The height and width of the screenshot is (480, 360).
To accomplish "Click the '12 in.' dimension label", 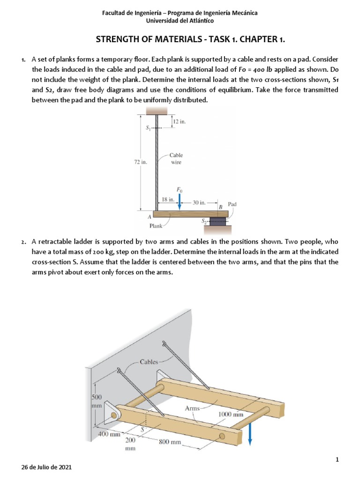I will (180, 121).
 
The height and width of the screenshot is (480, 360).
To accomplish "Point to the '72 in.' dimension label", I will (141, 162).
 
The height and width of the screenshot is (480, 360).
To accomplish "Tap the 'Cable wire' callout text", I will (176, 158).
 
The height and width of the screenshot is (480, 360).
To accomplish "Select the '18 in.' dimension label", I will (168, 199).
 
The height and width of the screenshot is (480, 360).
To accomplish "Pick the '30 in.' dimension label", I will (199, 202).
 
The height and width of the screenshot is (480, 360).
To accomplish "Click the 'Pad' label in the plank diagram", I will (232, 204).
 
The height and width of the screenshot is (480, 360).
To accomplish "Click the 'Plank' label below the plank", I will (156, 226).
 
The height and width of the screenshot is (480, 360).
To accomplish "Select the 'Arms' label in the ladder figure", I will (192, 408).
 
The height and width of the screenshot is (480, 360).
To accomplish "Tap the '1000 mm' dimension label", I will (231, 414).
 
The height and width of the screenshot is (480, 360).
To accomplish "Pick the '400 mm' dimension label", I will (108, 434).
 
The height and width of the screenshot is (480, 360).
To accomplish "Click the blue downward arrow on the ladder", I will (250, 433).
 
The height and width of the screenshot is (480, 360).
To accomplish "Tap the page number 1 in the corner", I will (337, 460).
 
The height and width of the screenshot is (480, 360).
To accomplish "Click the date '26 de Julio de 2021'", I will (47, 468).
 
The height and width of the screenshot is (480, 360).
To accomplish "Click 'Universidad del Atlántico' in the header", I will (180, 21).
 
